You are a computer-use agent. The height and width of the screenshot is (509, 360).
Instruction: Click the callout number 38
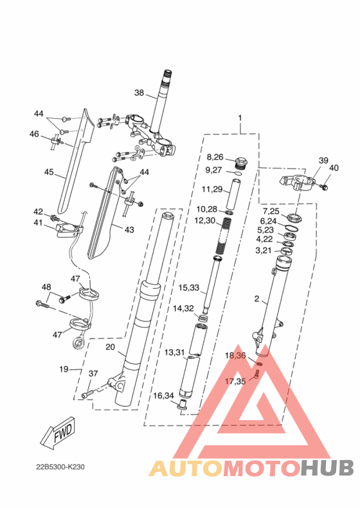139,93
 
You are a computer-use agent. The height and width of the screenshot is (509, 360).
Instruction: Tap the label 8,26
215,157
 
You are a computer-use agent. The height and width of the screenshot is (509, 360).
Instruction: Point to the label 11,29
212,189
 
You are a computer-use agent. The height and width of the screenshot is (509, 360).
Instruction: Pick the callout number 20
110,347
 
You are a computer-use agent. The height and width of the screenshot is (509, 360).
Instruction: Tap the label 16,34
163,395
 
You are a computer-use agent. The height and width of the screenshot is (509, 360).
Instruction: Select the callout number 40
333,168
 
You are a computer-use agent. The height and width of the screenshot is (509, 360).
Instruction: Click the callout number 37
93,374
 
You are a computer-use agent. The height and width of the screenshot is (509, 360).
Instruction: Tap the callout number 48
46,287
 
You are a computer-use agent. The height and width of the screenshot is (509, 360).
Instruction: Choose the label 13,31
174,353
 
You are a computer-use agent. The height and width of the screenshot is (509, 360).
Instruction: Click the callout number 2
257,299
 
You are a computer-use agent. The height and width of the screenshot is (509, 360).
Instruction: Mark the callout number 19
64,369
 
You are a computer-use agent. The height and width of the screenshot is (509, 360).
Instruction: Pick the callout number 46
34,134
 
